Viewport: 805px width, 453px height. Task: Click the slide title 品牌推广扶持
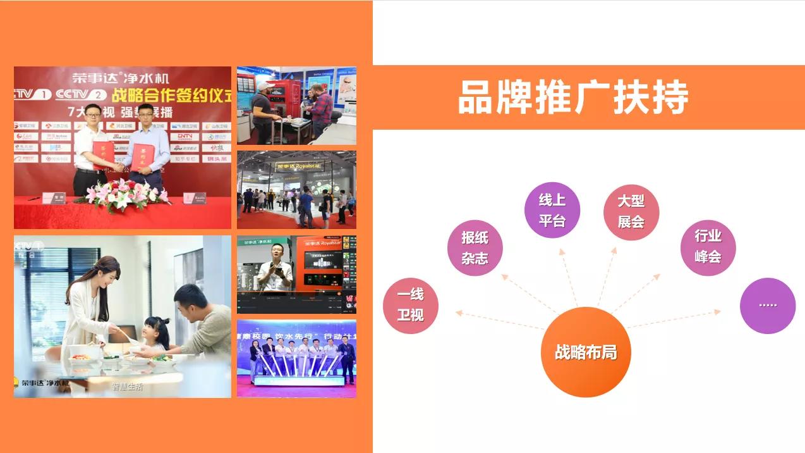pos(572,97)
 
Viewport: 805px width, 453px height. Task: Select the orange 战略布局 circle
pos(586,352)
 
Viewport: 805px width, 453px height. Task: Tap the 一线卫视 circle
pos(410,305)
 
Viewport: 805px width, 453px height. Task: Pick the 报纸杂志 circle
pos(475,247)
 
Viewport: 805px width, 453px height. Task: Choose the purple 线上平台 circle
pos(552,210)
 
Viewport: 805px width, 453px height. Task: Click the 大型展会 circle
pos(631,212)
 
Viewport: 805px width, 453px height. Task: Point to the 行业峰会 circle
pos(708,247)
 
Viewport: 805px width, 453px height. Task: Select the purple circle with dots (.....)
pos(767,305)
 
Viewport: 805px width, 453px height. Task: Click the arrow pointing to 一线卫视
pos(499,320)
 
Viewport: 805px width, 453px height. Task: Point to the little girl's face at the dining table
pos(155,329)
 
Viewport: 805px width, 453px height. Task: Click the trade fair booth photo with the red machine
pos(296,105)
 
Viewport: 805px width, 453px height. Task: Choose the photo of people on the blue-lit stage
pos(296,358)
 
